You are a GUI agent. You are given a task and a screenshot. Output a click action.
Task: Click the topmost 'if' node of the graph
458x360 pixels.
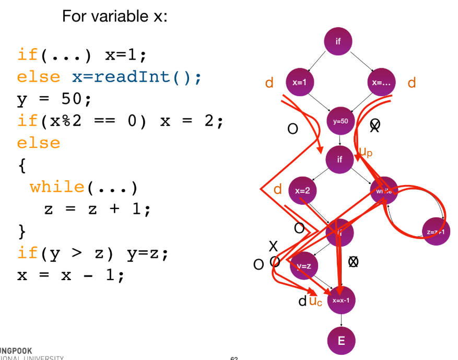coord(338,41)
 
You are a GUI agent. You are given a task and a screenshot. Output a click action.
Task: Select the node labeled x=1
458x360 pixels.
coord(299,82)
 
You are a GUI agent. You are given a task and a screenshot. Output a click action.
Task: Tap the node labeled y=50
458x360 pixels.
coord(340,121)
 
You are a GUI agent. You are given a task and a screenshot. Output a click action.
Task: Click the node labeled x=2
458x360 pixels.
coord(302,190)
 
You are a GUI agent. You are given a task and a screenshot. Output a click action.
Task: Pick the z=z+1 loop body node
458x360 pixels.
coord(436,231)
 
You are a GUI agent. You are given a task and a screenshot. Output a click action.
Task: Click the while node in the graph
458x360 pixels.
coord(384,191)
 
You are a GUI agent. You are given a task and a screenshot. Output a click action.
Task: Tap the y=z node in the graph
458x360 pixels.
coord(304,266)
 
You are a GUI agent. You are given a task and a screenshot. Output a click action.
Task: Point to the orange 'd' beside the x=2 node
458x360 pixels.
coord(278,189)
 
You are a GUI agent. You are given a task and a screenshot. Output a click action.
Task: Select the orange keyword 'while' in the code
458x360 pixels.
coord(57,187)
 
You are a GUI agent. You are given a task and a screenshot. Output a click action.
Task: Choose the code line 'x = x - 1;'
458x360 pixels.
coord(71,275)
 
